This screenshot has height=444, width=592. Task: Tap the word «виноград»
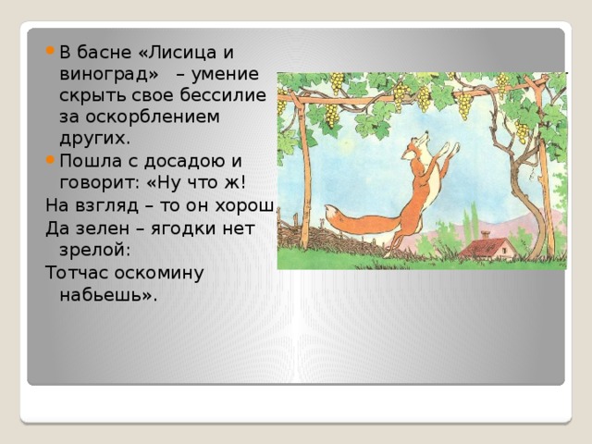click(x=105, y=74)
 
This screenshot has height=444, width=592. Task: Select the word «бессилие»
click(x=223, y=94)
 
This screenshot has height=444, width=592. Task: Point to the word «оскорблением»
click(x=153, y=117)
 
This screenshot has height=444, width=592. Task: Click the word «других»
click(x=94, y=139)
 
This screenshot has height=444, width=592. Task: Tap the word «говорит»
click(x=99, y=183)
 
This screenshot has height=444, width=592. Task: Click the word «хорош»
click(x=244, y=206)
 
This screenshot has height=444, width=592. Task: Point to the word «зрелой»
click(x=94, y=250)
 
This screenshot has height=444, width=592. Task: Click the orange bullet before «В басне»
click(x=50, y=51)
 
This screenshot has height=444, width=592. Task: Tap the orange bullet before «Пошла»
click(x=50, y=160)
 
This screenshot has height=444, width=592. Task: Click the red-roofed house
click(x=488, y=246)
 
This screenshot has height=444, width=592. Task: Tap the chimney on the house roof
click(x=486, y=234)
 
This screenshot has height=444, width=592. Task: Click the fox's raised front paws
click(x=451, y=148)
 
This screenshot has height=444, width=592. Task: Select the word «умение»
click(x=225, y=74)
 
